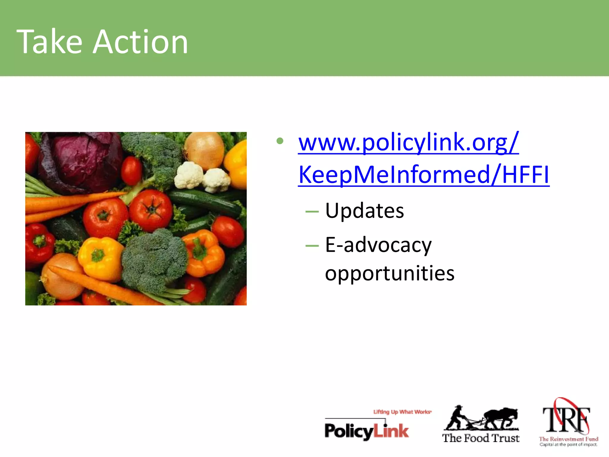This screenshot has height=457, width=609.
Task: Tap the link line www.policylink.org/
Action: click(x=408, y=143)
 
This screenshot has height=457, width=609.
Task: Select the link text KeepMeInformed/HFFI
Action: click(x=424, y=175)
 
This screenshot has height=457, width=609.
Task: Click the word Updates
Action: click(x=365, y=211)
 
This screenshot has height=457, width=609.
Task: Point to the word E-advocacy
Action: click(x=378, y=245)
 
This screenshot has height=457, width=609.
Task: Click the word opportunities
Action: click(x=390, y=273)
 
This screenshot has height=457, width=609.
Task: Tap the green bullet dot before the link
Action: click(x=280, y=141)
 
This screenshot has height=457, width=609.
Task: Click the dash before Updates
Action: click(x=312, y=212)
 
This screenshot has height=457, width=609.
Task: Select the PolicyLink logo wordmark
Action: click(x=367, y=431)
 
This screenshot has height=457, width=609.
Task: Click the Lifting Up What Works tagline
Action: click(x=402, y=412)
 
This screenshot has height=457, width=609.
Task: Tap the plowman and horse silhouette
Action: click(x=482, y=418)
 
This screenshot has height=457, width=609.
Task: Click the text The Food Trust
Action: click(x=481, y=438)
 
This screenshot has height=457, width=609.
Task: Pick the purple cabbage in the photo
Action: click(x=80, y=161)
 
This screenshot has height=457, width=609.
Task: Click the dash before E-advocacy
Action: click(x=312, y=246)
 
